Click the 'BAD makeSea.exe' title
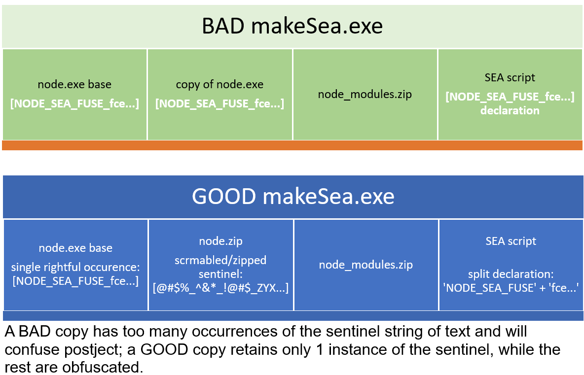tap(292, 26)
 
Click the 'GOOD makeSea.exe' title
tap(293, 197)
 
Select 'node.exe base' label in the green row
tap(74, 84)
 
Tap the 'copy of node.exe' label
tap(219, 84)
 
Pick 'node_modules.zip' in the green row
tap(365, 94)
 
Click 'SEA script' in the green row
tap(510, 77)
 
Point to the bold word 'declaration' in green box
tap(510, 110)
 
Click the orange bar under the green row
tap(292, 145)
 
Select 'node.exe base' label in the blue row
tap(75, 248)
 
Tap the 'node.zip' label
tap(220, 241)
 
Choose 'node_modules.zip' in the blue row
tap(365, 265)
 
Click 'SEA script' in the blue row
tap(511, 241)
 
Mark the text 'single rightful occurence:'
tap(75, 268)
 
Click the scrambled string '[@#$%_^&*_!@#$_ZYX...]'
tap(220, 288)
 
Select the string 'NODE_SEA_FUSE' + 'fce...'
tap(511, 288)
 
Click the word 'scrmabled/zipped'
tap(220, 260)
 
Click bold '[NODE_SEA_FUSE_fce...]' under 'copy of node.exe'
tap(219, 104)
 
